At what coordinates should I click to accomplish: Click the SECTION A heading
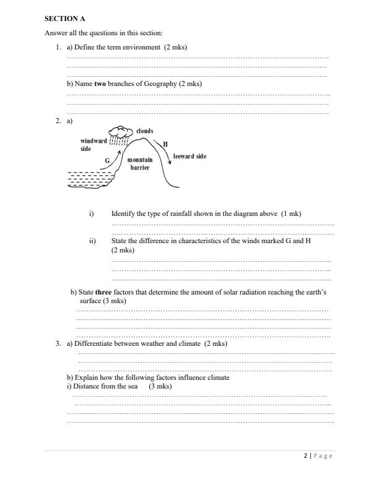[x=64, y=19]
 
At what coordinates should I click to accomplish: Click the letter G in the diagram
[x=108, y=160]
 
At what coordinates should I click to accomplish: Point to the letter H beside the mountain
[x=165, y=144]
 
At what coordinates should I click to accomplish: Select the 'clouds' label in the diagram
[x=144, y=131]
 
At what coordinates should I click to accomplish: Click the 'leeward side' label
[x=189, y=157]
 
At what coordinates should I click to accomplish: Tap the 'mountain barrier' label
[x=139, y=164]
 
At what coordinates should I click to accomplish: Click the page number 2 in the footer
[x=305, y=456]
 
